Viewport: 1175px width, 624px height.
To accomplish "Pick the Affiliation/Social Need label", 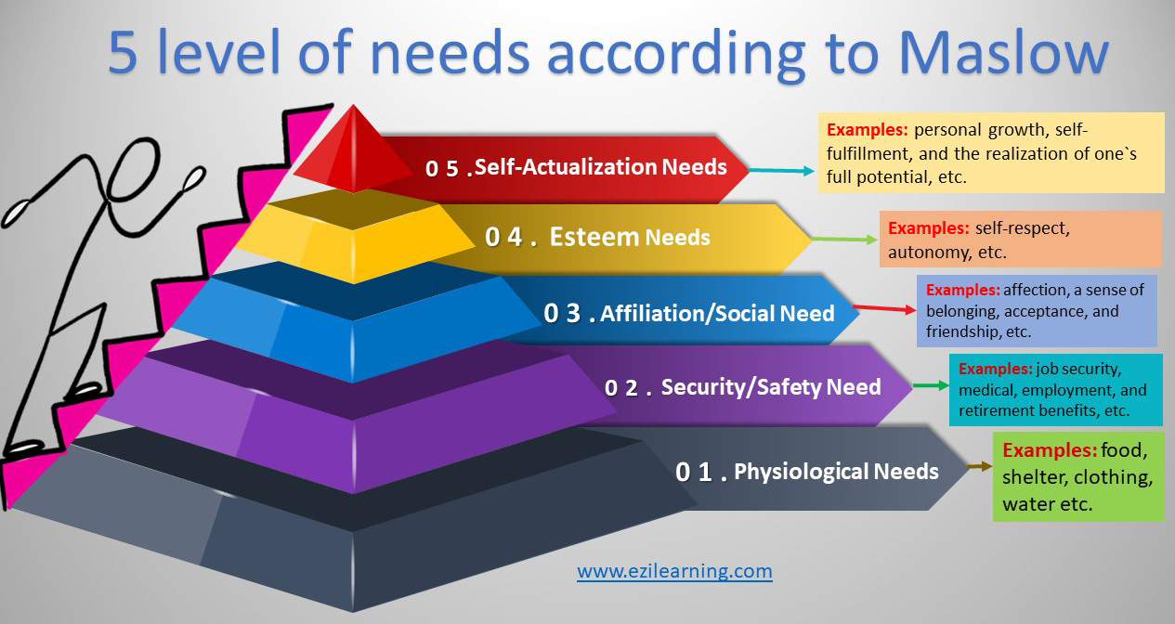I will tap(717, 314).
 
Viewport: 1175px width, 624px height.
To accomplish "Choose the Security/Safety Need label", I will tap(770, 386).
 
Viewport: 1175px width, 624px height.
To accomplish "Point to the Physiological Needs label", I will tap(836, 472).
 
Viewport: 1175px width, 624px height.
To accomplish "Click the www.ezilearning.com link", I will tap(674, 570).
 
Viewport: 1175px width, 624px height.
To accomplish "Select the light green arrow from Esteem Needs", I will tap(844, 240).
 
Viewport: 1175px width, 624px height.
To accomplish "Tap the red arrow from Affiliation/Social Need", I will tap(882, 309).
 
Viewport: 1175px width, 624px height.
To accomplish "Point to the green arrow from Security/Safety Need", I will tap(928, 384).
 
